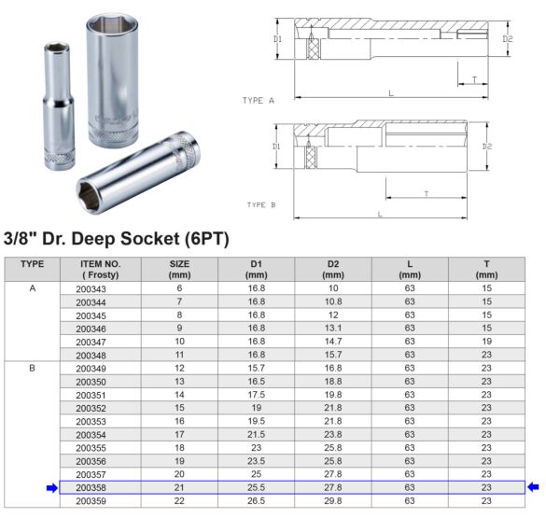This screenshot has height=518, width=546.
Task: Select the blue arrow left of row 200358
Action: pyautogui.click(x=49, y=486)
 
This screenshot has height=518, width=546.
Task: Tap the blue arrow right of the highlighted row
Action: pyautogui.click(x=533, y=486)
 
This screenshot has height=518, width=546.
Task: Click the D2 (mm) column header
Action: pyautogui.click(x=333, y=269)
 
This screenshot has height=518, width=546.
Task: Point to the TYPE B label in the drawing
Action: pyautogui.click(x=261, y=203)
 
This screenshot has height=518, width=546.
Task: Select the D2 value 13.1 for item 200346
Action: pyautogui.click(x=333, y=329)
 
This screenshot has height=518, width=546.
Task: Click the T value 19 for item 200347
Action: pyautogui.click(x=486, y=343)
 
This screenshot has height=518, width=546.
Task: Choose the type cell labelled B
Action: pyautogui.click(x=32, y=369)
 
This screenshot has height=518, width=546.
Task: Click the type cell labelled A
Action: pyautogui.click(x=32, y=289)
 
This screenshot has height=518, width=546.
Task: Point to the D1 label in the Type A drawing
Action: pyautogui.click(x=277, y=39)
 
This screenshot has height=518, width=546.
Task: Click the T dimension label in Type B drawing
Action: pyautogui.click(x=426, y=193)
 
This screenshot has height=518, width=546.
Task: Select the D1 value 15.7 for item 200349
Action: pyautogui.click(x=257, y=369)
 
